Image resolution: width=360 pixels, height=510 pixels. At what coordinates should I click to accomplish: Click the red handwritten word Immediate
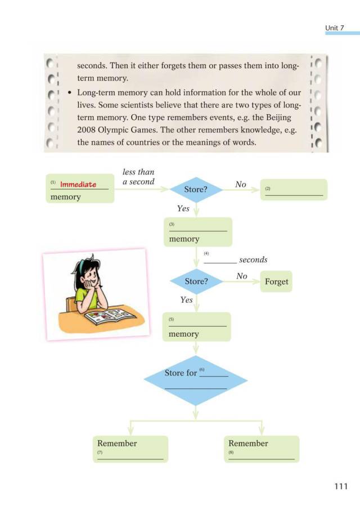point(78,184)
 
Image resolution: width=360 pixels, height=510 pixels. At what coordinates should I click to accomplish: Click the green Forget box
point(276,281)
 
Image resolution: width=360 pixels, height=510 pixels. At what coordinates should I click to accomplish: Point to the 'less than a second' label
point(138,177)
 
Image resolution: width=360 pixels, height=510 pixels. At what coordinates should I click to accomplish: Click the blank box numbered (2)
point(294,190)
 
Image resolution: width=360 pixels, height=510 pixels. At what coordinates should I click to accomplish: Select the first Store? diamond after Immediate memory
point(196,190)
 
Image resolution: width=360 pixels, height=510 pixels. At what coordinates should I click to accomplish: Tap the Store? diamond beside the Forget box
point(196,280)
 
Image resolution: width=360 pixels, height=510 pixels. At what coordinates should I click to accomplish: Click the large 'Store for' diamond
point(196,380)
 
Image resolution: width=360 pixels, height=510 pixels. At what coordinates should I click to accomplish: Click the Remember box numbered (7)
point(130,449)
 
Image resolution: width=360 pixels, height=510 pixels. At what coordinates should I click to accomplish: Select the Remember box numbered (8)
point(262,449)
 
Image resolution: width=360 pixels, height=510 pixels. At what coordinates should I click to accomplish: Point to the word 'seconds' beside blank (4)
point(253,260)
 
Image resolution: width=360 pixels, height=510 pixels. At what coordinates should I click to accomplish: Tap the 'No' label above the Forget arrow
point(242,276)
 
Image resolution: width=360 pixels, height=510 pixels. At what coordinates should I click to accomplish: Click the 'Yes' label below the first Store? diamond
point(183,208)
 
